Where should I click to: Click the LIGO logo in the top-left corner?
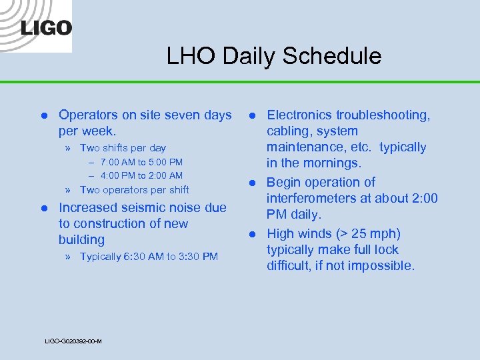click(45, 27)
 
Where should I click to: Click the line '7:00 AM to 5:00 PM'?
click(141, 162)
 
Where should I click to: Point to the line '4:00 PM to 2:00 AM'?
click(141, 176)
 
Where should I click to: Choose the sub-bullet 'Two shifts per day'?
click(123, 148)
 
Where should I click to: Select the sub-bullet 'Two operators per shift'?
click(134, 190)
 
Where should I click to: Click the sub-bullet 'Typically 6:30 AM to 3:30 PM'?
click(149, 257)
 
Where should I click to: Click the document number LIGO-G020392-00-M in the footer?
click(73, 341)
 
